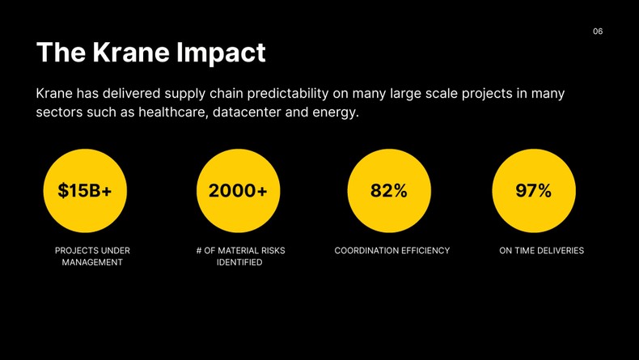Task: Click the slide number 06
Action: (x=598, y=32)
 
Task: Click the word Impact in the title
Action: (x=219, y=53)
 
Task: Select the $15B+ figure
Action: (x=85, y=191)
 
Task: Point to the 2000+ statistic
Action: (x=238, y=191)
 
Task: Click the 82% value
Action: (x=389, y=191)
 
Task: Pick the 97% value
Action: (x=534, y=191)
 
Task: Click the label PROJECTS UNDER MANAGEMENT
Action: (x=92, y=256)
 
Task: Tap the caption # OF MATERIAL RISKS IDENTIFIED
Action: (x=240, y=256)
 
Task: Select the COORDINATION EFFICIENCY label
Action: (x=391, y=251)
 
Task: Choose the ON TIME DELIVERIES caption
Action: (x=541, y=251)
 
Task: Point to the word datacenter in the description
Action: (x=247, y=112)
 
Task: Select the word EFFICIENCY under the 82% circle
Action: (x=425, y=251)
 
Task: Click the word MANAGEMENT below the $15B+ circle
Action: (x=92, y=262)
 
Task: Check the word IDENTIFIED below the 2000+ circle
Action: (x=239, y=262)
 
